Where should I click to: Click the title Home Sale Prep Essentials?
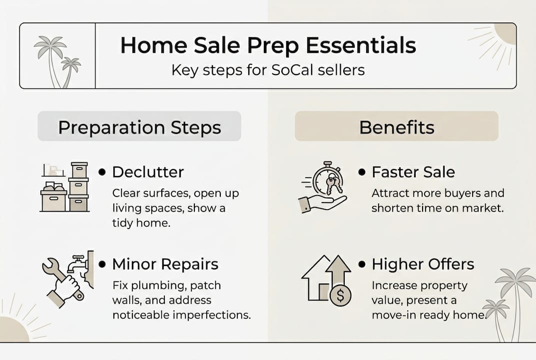(268, 46)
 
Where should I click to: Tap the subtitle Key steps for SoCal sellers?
(268, 69)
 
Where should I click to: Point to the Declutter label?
(148, 172)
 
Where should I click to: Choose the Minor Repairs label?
(165, 263)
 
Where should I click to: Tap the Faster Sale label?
(413, 172)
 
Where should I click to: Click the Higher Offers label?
(423, 263)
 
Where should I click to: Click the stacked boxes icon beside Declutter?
(65, 187)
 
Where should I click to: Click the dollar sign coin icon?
(340, 295)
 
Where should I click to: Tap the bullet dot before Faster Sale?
(362, 172)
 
